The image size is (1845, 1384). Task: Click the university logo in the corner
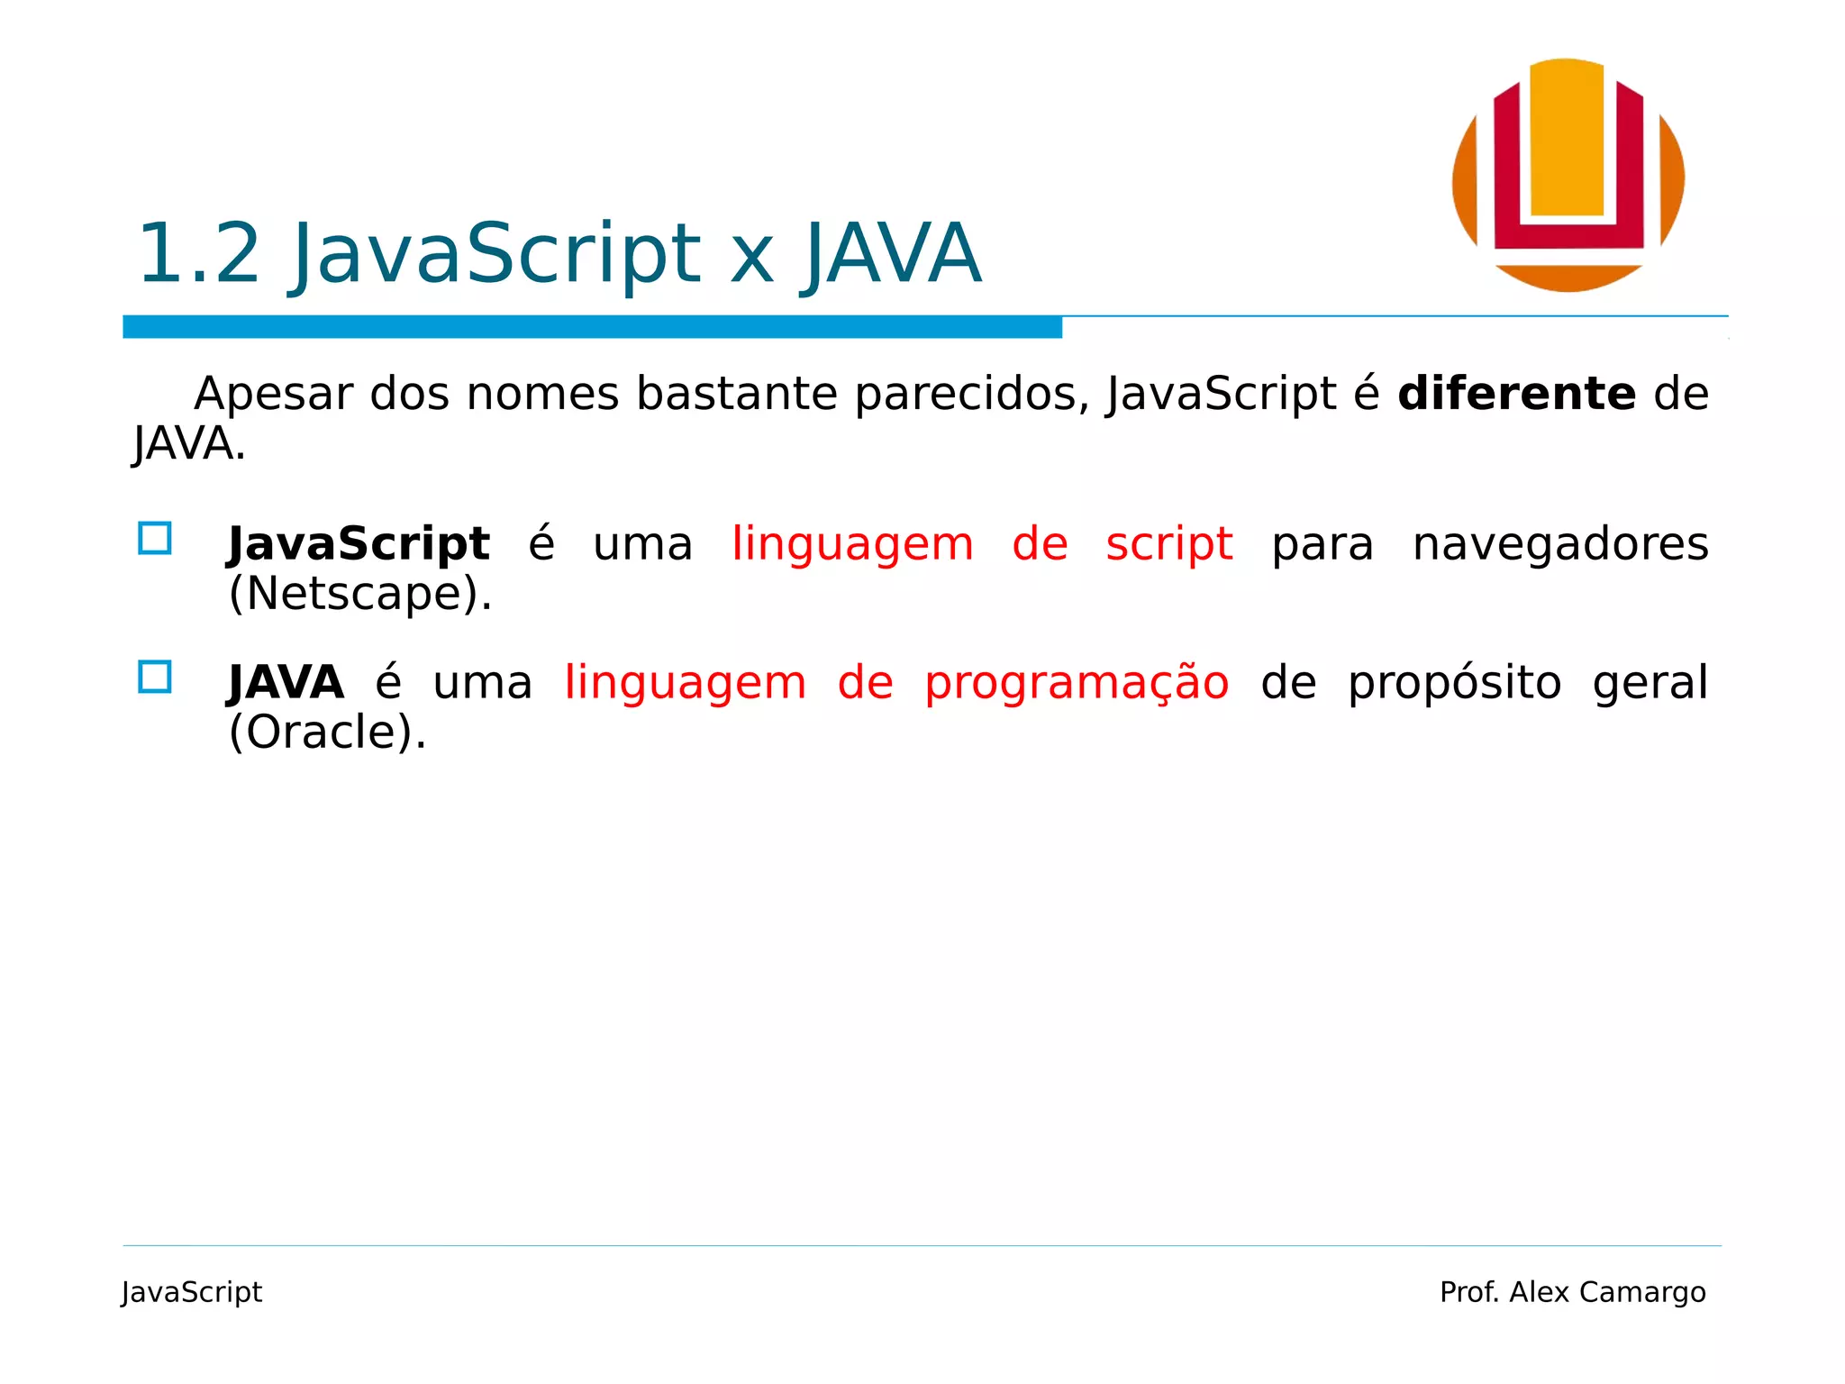1568,176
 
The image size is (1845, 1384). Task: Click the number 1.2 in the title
198,254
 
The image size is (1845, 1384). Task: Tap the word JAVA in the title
891,254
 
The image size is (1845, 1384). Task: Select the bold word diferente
1516,394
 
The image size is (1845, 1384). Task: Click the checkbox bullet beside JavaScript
155,538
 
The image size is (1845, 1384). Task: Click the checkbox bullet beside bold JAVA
155,677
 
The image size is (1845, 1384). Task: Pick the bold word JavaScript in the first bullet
359,544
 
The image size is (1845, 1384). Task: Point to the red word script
1168,544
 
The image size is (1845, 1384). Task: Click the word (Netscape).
360,594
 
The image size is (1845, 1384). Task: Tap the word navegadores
1559,544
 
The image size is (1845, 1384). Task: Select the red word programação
1077,683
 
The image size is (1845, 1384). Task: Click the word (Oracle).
327,732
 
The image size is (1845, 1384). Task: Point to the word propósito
1454,683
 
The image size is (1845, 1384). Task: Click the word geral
1650,683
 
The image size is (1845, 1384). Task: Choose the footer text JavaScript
192,1292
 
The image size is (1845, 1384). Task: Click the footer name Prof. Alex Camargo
1572,1292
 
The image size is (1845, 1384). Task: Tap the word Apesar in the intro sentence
273,394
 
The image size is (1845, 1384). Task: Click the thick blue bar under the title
592,327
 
